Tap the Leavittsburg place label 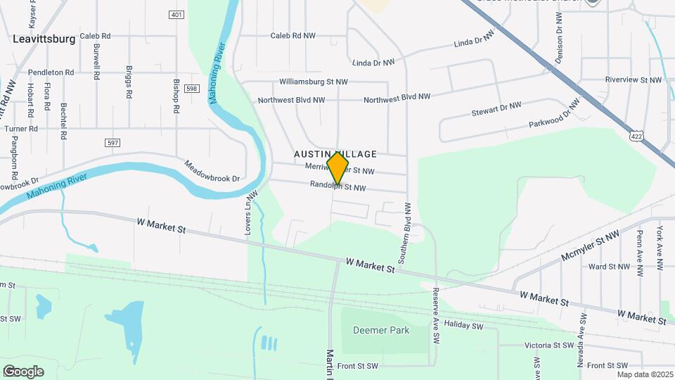pyautogui.click(x=44, y=39)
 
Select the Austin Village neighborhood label pyautogui.click(x=335, y=154)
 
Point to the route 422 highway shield pyautogui.click(x=637, y=135)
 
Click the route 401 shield pyautogui.click(x=176, y=15)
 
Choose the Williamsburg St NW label pyautogui.click(x=314, y=82)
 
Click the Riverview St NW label pyautogui.click(x=634, y=80)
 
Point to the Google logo pyautogui.click(x=23, y=371)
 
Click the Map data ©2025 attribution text pyautogui.click(x=645, y=374)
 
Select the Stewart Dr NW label pyautogui.click(x=496, y=109)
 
